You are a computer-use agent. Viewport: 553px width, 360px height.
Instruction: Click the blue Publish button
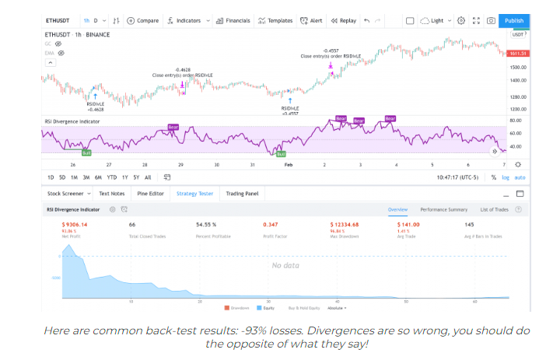pos(514,20)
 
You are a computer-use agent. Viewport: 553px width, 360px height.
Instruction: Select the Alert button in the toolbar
pos(313,20)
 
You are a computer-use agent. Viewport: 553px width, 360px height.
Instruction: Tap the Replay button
pos(344,20)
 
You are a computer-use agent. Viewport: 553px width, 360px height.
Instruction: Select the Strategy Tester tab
pos(194,194)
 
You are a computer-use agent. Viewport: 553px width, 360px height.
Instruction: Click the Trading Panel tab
pos(242,194)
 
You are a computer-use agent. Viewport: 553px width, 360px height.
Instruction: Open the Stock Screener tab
pos(65,194)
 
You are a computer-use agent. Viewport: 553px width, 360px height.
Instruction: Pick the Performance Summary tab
pos(443,209)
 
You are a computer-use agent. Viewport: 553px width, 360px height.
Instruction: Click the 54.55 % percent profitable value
pos(208,224)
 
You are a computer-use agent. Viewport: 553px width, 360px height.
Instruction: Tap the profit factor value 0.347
pos(271,224)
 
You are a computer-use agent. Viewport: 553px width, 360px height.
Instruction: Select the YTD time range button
pos(112,177)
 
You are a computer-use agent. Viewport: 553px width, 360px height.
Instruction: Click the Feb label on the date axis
pos(289,165)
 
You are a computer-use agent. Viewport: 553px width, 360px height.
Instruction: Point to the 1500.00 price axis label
pos(517,68)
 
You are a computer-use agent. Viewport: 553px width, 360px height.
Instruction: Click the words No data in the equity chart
pos(285,265)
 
